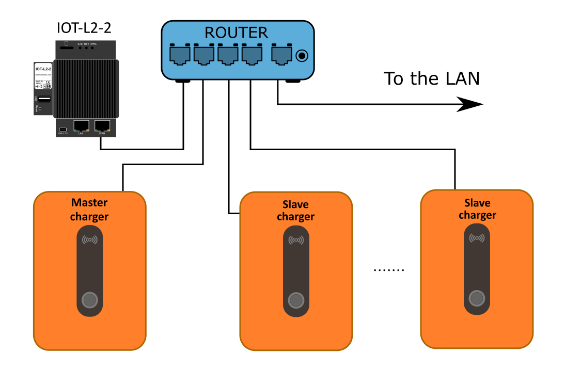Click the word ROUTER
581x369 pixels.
236,33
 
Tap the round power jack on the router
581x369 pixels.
302,55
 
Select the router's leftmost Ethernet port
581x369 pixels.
180,55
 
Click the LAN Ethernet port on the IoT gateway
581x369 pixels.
81,126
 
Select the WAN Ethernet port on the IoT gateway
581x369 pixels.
102,126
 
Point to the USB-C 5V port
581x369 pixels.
62,129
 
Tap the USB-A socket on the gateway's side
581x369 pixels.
44,99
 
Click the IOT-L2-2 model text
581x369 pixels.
43,69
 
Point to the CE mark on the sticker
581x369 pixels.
48,82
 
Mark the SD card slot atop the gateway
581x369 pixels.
66,47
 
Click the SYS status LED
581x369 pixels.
80,47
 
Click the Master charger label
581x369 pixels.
89,210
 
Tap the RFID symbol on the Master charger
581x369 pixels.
90,239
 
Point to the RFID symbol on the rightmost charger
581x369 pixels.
477,238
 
